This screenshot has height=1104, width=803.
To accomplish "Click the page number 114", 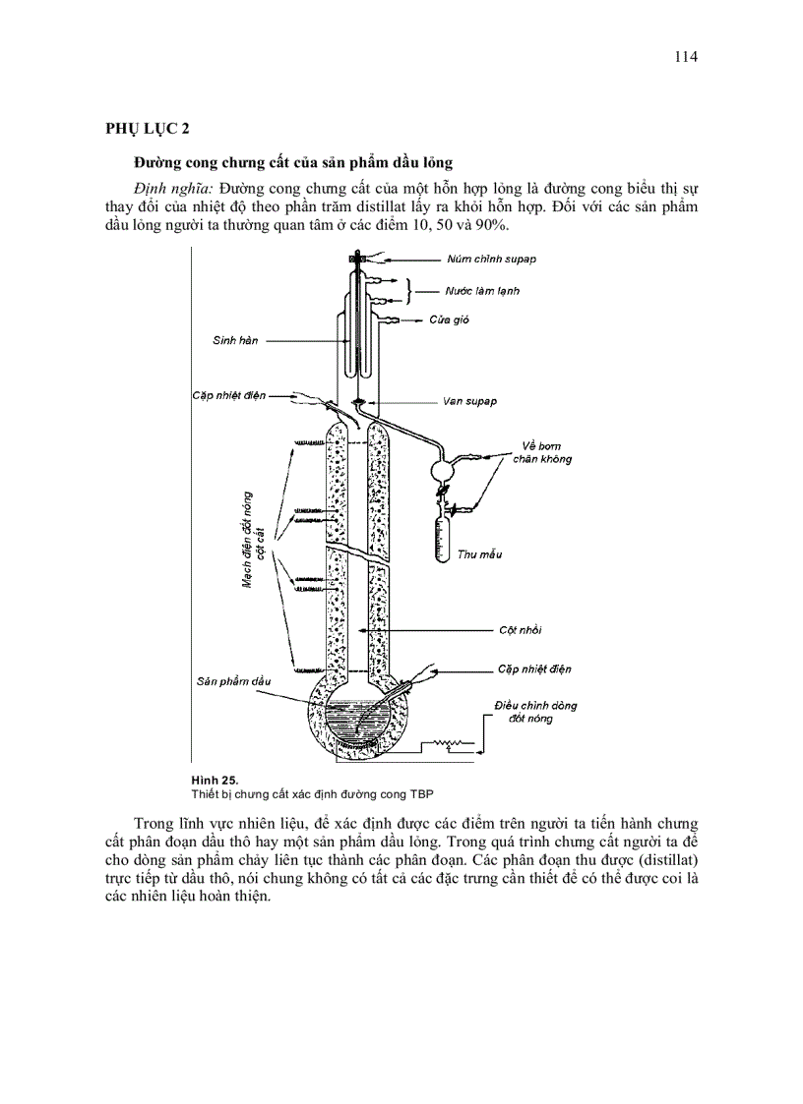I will [x=686, y=56].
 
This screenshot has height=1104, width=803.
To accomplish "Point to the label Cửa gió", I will [x=448, y=320].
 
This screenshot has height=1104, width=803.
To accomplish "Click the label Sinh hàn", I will [x=235, y=340].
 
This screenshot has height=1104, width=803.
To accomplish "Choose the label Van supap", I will [x=469, y=401].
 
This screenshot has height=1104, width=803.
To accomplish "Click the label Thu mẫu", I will [x=479, y=554].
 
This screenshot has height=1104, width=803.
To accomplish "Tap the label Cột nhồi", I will [x=520, y=629].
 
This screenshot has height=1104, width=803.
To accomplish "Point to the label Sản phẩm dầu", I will [x=233, y=680].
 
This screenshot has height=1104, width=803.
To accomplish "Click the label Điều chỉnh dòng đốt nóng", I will [x=536, y=712].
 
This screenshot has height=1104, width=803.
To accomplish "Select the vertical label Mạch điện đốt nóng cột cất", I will [x=255, y=540].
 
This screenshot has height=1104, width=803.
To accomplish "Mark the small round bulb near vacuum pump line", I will [x=445, y=470].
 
